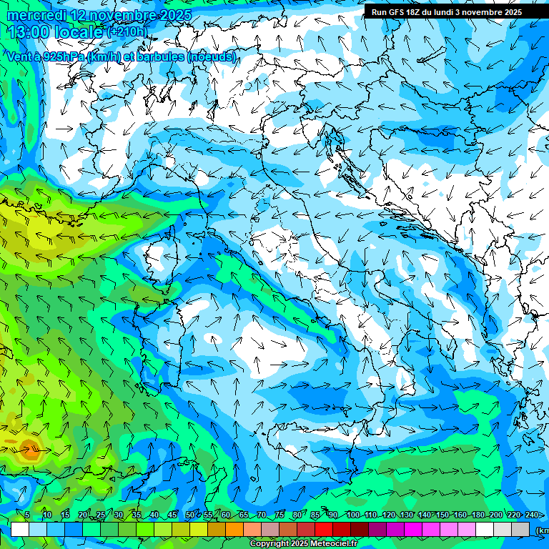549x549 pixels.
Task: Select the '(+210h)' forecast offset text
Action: (x=127, y=31)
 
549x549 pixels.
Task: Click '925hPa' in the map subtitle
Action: (x=62, y=56)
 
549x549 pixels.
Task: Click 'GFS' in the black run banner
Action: (x=397, y=11)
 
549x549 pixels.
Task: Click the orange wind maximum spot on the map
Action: (x=30, y=450)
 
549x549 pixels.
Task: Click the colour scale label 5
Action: (x=27, y=515)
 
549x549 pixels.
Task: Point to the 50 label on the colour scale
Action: (x=189, y=515)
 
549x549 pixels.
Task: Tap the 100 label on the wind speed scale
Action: (x=352, y=515)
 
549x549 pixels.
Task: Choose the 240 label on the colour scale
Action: (x=532, y=515)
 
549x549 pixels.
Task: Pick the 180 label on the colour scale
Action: (x=478, y=515)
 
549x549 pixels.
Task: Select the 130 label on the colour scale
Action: (x=407, y=515)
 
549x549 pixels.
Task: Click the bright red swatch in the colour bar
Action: (x=324, y=529)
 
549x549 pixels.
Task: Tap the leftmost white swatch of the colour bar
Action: (x=20, y=529)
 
